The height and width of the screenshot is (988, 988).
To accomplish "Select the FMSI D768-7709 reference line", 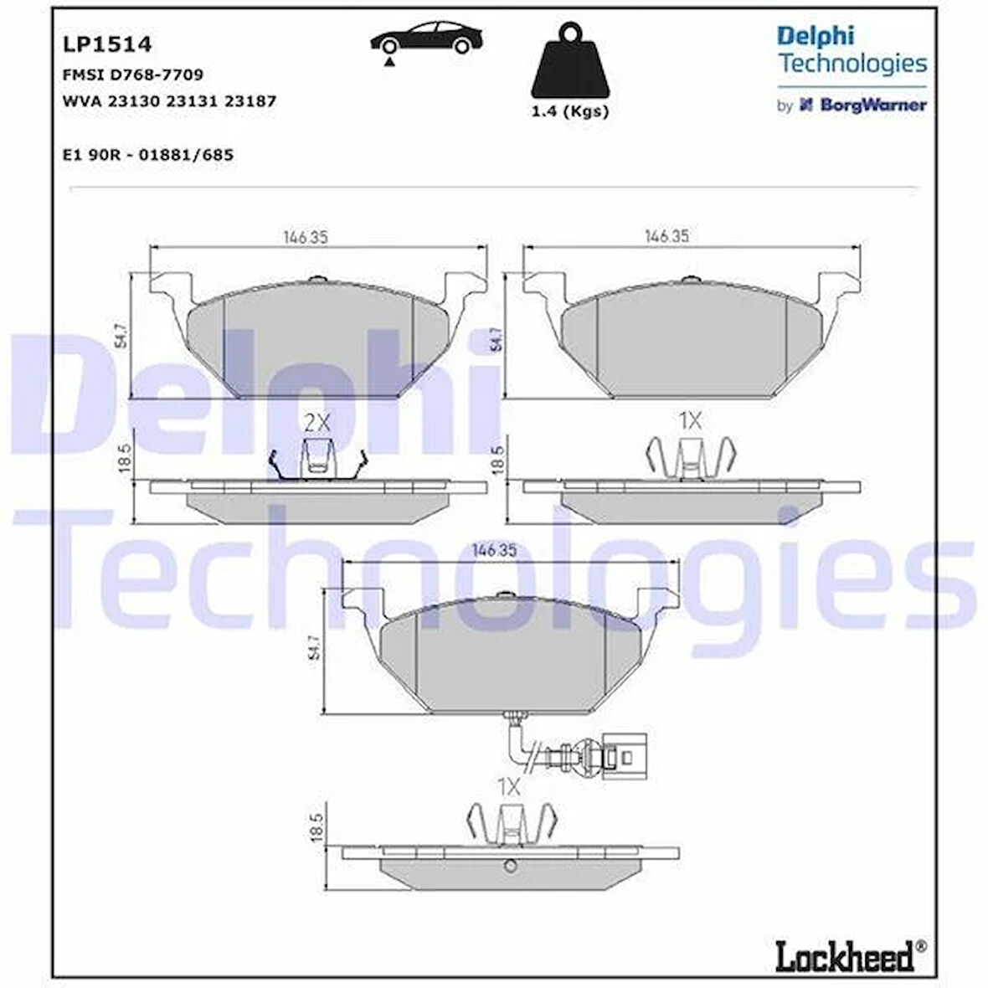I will click(132, 75).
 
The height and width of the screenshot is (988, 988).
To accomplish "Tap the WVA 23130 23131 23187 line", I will click(169, 100).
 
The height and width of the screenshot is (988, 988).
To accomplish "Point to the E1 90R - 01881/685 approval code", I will click(147, 155).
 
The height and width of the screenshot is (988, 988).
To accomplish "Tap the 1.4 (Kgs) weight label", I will click(569, 111).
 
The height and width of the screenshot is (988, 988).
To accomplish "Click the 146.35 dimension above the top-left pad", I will click(304, 238).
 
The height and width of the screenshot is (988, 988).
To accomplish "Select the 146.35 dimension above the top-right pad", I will click(666, 237).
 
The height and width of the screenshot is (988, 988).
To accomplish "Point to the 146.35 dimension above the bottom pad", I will click(494, 550).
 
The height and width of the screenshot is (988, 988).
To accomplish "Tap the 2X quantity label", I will click(317, 423).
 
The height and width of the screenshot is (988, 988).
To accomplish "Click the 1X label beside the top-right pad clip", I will click(689, 421).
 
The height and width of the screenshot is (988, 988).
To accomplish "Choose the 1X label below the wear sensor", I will click(508, 786).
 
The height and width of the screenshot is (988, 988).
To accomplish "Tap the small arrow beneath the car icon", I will click(389, 62).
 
